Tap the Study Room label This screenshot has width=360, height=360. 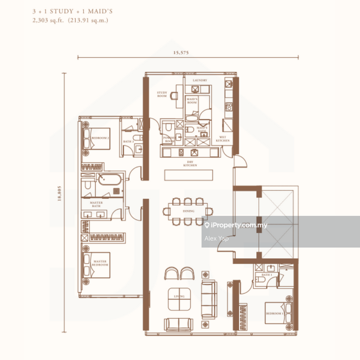162,94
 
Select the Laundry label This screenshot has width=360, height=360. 200,80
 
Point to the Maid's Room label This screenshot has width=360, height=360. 193,101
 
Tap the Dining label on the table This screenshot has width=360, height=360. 189,211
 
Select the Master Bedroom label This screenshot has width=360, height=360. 100,263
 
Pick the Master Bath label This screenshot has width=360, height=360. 96,204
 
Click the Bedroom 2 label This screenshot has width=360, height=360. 100,138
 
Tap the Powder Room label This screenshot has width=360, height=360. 169,139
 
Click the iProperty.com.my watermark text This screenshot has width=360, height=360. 239,225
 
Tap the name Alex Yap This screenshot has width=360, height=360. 216,238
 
